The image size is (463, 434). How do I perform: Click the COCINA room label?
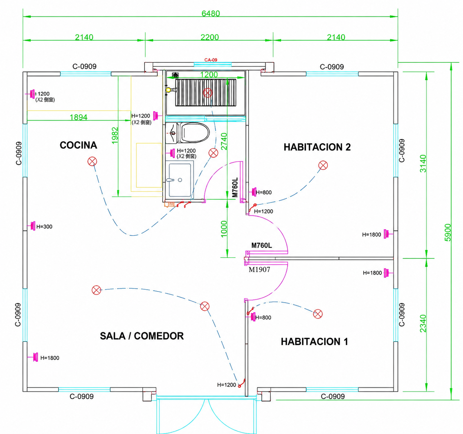coord(78,145)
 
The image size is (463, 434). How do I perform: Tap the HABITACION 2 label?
coord(317,147)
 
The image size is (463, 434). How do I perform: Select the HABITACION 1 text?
coord(314,341)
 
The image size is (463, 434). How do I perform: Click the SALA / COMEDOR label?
coord(142,336)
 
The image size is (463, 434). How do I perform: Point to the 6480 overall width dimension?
coord(211,14)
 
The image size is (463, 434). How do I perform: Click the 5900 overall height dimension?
coord(448,232)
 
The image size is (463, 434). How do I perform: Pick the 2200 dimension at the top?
coord(210,37)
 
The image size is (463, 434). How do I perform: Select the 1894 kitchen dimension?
coord(79,117)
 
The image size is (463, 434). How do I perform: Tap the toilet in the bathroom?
coord(193,133)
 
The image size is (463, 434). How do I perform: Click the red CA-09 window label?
coord(211,60)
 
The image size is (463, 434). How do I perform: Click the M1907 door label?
coord(259,270)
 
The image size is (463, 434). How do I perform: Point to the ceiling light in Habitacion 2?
coord(323,165)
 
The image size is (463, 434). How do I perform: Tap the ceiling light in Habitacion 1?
coord(318,314)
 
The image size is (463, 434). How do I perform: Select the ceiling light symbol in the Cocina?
coord(92,161)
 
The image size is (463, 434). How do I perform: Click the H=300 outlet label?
coord(44,227)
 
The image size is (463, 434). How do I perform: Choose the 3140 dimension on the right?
coord(423,164)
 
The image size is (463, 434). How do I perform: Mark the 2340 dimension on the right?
coord(423,324)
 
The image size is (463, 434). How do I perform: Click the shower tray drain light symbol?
coord(207,93)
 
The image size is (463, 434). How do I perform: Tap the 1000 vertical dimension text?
coord(223,229)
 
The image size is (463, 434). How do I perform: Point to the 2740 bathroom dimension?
coord(224,141)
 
